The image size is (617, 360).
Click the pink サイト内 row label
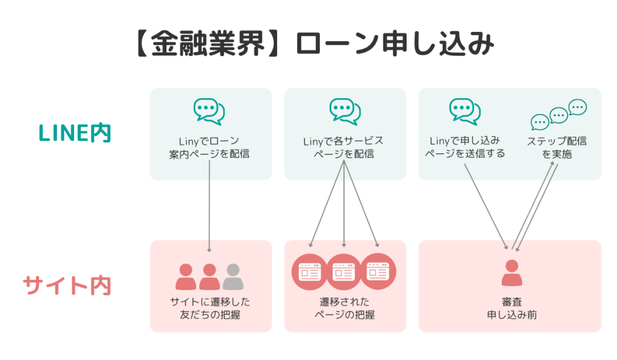(x=67, y=285)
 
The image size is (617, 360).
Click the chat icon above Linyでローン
(x=209, y=112)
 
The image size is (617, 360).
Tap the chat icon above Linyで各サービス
(x=345, y=112)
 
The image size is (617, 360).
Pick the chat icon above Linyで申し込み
(x=465, y=112)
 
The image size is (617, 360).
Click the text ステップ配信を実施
(x=557, y=148)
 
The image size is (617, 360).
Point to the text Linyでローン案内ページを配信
(x=210, y=148)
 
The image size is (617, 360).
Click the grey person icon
(x=233, y=277)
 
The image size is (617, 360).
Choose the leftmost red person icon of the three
(x=186, y=277)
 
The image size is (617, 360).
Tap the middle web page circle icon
(x=344, y=273)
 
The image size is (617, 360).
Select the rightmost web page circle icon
(x=378, y=273)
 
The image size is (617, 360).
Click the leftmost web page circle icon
(x=310, y=273)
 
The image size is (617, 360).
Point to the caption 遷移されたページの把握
(x=344, y=308)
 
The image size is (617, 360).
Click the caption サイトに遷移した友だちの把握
(x=210, y=308)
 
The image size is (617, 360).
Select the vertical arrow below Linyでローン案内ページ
(x=209, y=205)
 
